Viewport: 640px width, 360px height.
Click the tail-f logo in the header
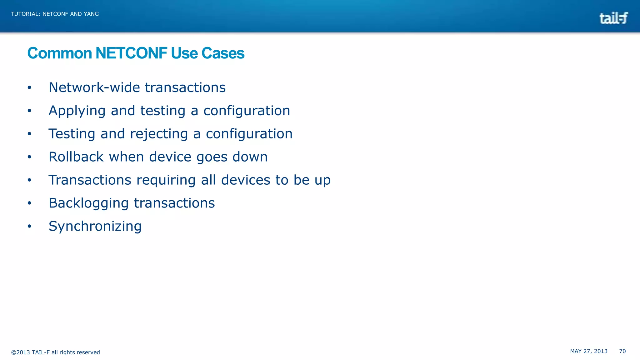[x=613, y=18]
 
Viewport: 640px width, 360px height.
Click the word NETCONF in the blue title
[x=131, y=53]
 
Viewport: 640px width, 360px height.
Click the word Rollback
[x=76, y=157]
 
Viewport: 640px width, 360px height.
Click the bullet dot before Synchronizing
[x=29, y=226]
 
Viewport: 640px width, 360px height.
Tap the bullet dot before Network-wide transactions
[x=29, y=87]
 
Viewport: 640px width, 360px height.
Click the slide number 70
[x=622, y=351]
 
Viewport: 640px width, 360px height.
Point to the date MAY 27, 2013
[x=588, y=351]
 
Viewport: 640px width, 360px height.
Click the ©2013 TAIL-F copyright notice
[x=55, y=352]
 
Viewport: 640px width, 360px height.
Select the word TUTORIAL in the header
[x=25, y=14]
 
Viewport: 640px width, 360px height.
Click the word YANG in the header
[x=91, y=14]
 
